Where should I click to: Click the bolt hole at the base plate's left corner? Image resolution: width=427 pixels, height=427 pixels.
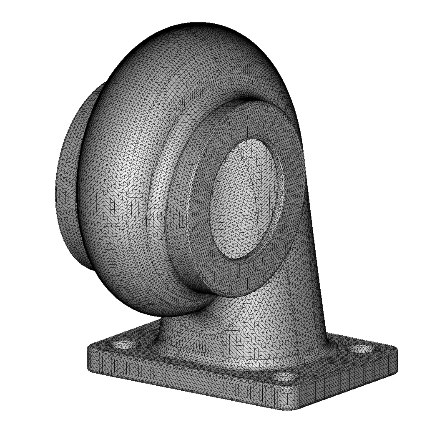tap(123, 344)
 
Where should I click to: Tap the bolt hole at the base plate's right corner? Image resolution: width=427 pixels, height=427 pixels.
tap(359, 349)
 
